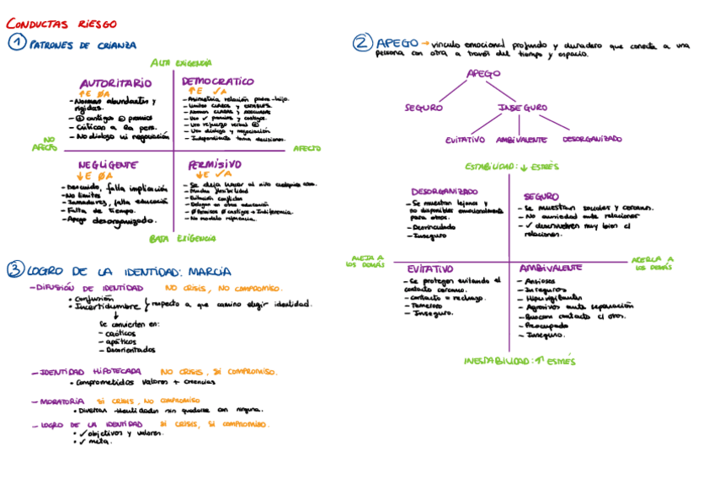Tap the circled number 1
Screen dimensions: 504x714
pyautogui.click(x=17, y=43)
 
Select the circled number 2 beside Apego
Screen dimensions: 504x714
pyautogui.click(x=362, y=42)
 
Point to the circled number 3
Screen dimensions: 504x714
pyautogui.click(x=15, y=270)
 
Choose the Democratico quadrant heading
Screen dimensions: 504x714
pyautogui.click(x=218, y=81)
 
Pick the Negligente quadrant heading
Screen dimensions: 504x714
pyautogui.click(x=107, y=165)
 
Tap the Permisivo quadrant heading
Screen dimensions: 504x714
pyautogui.click(x=210, y=164)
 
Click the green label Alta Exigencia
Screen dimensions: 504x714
pyautogui.click(x=181, y=62)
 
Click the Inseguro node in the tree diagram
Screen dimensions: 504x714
pyautogui.click(x=522, y=108)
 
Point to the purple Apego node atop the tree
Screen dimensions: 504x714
pyautogui.click(x=483, y=74)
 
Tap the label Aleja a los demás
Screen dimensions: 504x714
pyautogui.click(x=365, y=261)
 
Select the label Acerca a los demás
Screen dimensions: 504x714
pyautogui.click(x=653, y=263)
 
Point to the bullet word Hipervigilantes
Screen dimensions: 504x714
pyautogui.click(x=553, y=297)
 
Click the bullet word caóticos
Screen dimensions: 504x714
pyautogui.click(x=123, y=332)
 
